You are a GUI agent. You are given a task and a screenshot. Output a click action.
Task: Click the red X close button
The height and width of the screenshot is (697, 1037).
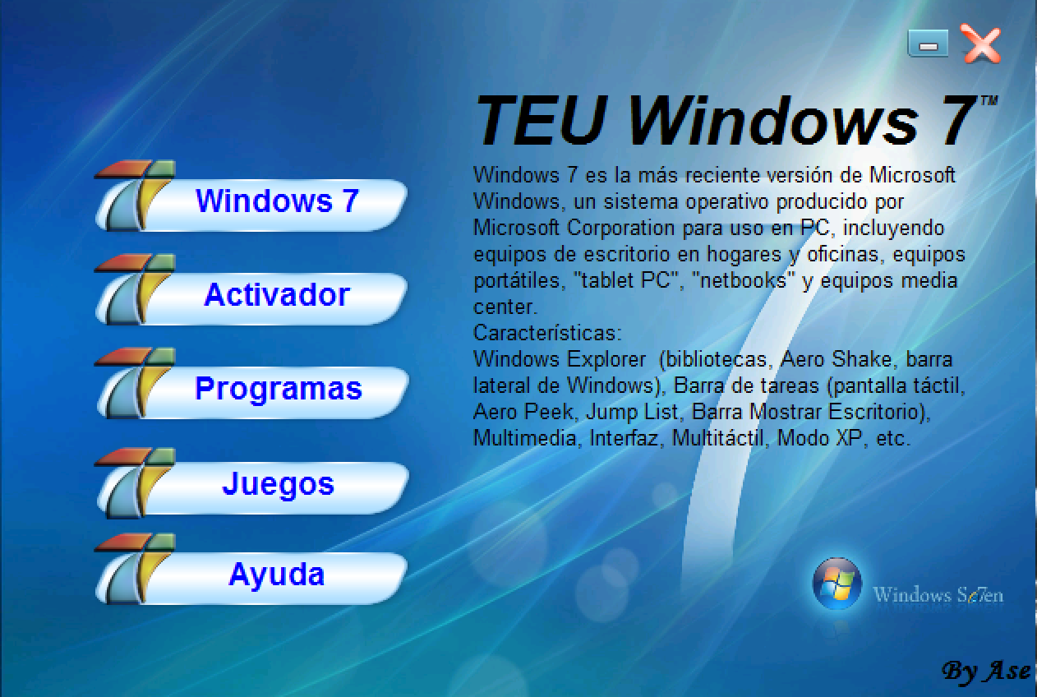(x=981, y=44)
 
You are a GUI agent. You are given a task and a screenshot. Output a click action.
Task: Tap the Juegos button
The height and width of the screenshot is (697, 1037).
(x=252, y=484)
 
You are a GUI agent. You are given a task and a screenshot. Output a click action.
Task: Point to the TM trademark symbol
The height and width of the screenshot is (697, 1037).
(x=989, y=100)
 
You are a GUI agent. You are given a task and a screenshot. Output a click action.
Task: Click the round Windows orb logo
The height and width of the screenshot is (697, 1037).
(x=837, y=583)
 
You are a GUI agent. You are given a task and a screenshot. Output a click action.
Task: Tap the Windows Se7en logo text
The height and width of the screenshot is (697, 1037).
(x=938, y=594)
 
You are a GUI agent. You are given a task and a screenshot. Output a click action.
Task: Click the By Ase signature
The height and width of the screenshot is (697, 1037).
(x=987, y=671)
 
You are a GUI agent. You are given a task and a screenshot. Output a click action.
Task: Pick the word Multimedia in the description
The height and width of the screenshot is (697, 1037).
(x=525, y=437)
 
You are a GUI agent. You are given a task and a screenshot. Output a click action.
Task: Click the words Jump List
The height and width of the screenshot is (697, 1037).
(x=633, y=412)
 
